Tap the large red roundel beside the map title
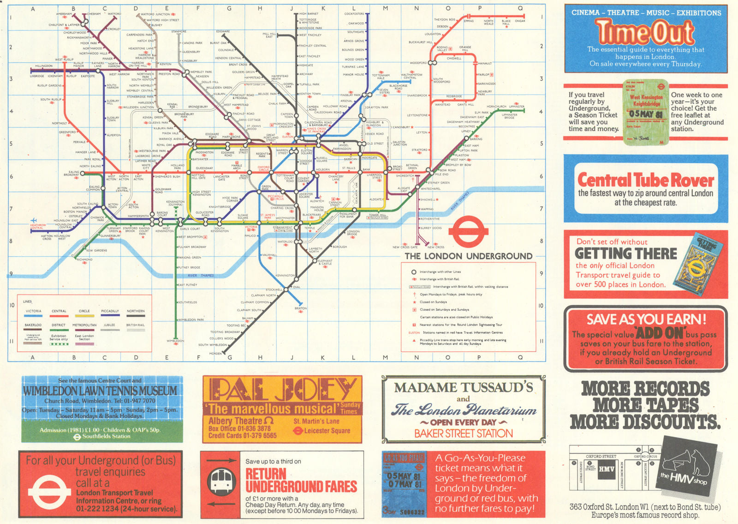click(x=468, y=231)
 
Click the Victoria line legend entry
click(x=34, y=311)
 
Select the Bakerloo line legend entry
click(x=33, y=325)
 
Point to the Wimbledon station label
click(x=175, y=341)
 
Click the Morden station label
click(x=215, y=354)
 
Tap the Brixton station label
click(x=300, y=308)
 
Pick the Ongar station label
click(x=520, y=21)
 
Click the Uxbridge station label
click(x=37, y=76)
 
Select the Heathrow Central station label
click(x=38, y=226)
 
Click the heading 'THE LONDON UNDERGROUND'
click(x=468, y=256)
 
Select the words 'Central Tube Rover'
click(x=645, y=180)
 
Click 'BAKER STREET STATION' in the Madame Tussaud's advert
click(x=464, y=434)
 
